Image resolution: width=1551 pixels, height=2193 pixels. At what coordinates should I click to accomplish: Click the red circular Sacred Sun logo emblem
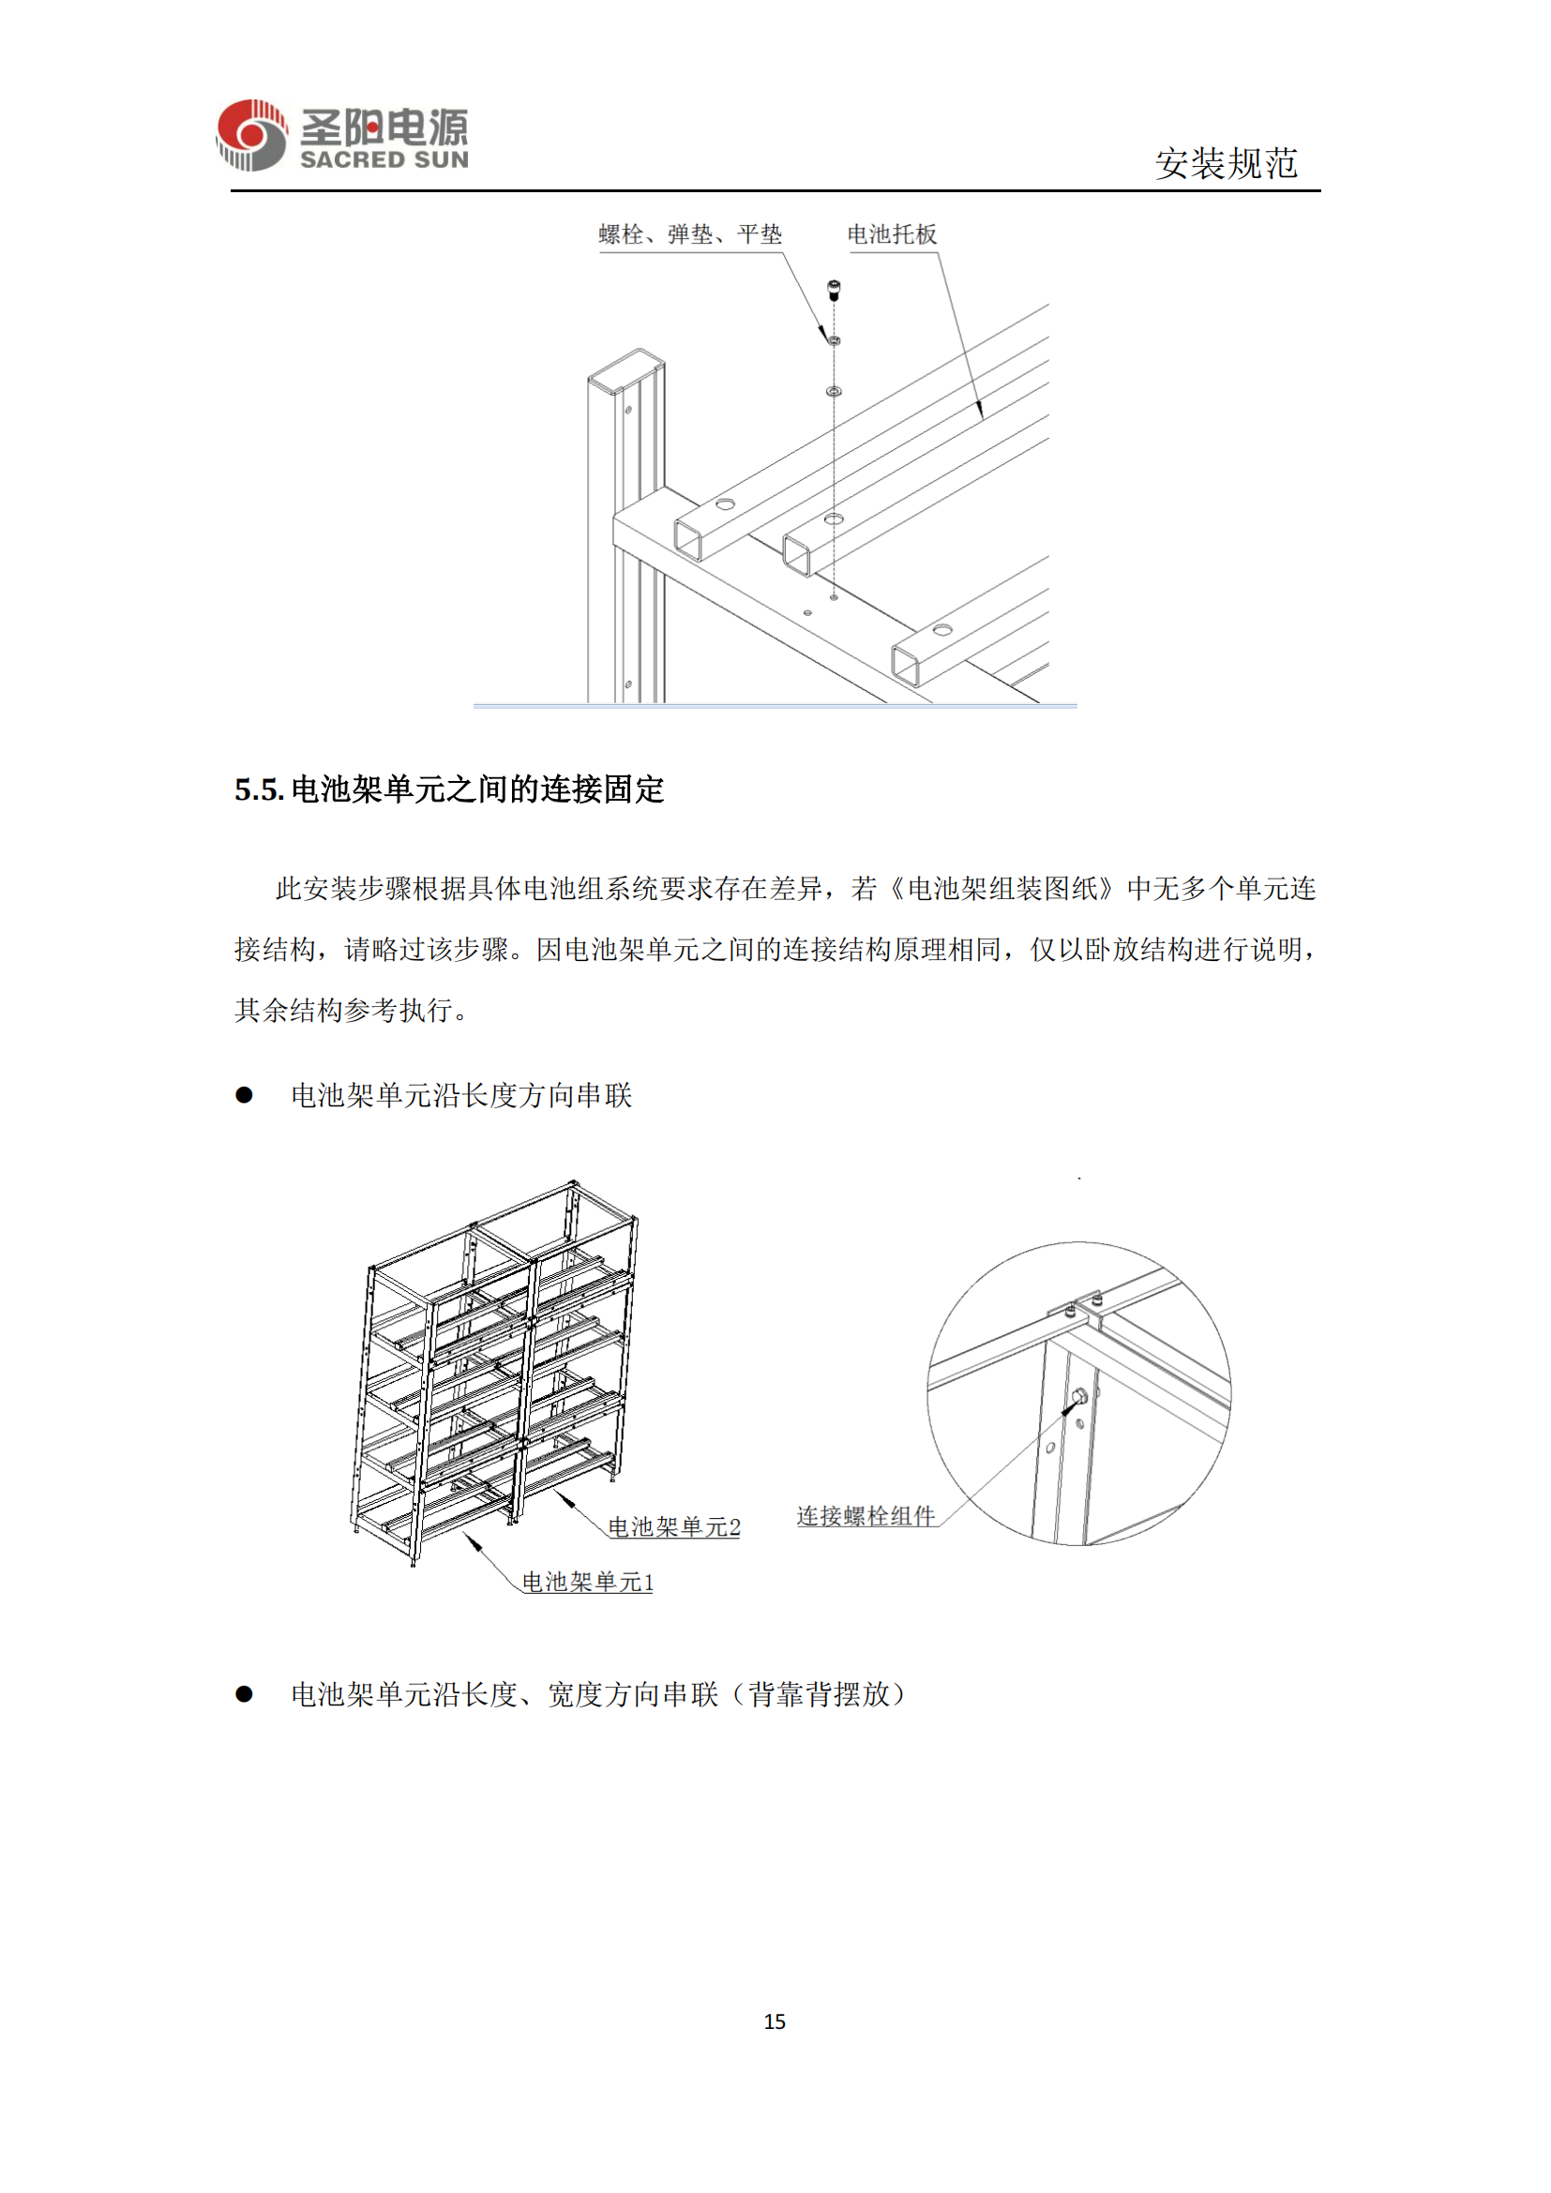(251, 135)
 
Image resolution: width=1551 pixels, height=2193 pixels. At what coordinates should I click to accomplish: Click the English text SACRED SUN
(384, 159)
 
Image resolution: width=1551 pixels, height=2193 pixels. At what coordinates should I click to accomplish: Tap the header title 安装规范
(1227, 163)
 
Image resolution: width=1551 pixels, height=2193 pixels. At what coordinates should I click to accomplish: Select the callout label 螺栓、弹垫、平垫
(689, 234)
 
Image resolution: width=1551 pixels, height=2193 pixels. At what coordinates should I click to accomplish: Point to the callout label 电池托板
(892, 234)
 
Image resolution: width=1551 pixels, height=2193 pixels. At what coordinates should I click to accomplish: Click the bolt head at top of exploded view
(834, 286)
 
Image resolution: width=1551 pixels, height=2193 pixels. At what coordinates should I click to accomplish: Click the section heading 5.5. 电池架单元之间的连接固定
(449, 789)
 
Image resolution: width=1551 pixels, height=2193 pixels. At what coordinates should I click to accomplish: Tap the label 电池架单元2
(674, 1527)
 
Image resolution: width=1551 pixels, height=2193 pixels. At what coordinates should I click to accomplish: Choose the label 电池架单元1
(587, 1583)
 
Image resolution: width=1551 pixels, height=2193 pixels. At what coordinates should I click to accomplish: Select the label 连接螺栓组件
(866, 1516)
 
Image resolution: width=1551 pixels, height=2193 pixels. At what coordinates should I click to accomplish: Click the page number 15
(775, 2021)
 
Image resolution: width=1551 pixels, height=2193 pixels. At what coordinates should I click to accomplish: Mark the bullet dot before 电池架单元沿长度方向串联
(245, 1095)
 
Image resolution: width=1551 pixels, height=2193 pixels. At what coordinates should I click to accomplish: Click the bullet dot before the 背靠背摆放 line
(245, 1694)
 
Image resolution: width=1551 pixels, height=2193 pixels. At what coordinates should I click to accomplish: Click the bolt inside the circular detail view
(1079, 1397)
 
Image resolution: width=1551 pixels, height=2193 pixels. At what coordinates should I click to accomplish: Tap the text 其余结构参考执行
(344, 1011)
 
